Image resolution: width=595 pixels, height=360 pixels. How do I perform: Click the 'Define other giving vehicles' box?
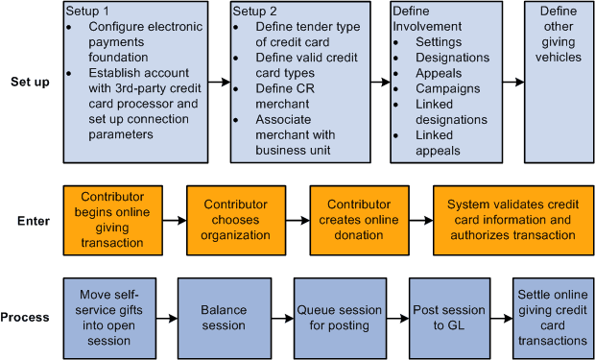click(559, 82)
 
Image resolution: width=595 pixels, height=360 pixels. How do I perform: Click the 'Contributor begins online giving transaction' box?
click(111, 220)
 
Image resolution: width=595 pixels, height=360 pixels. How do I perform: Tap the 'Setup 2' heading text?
click(253, 11)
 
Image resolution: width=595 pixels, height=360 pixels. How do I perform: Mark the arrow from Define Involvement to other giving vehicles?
click(514, 83)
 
